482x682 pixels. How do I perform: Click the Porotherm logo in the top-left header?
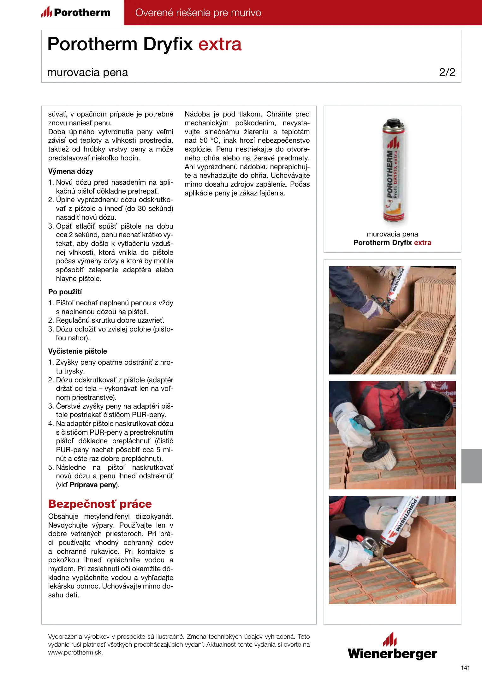coord(76,13)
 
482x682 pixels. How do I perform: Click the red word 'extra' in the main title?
coord(220,44)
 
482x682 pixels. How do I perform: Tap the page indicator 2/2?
coord(447,72)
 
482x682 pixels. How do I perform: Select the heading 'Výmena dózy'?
coord(70,171)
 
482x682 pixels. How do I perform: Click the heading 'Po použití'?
coord(65,292)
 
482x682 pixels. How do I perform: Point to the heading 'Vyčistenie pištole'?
coord(77,351)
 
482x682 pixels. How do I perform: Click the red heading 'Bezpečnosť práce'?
coord(100,504)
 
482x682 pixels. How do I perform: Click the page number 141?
coord(465,667)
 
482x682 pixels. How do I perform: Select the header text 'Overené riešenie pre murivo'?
coord(198,13)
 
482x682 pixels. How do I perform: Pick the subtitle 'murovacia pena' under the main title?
coord(87,72)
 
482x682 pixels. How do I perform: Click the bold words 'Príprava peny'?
coord(93,485)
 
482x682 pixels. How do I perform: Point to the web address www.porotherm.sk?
coord(75,652)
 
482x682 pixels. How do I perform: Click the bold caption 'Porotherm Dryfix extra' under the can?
coord(392,242)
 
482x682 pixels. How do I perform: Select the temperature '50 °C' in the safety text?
coord(209,140)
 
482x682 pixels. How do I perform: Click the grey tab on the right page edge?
coord(471,466)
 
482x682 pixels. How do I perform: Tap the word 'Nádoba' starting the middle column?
coord(197,114)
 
